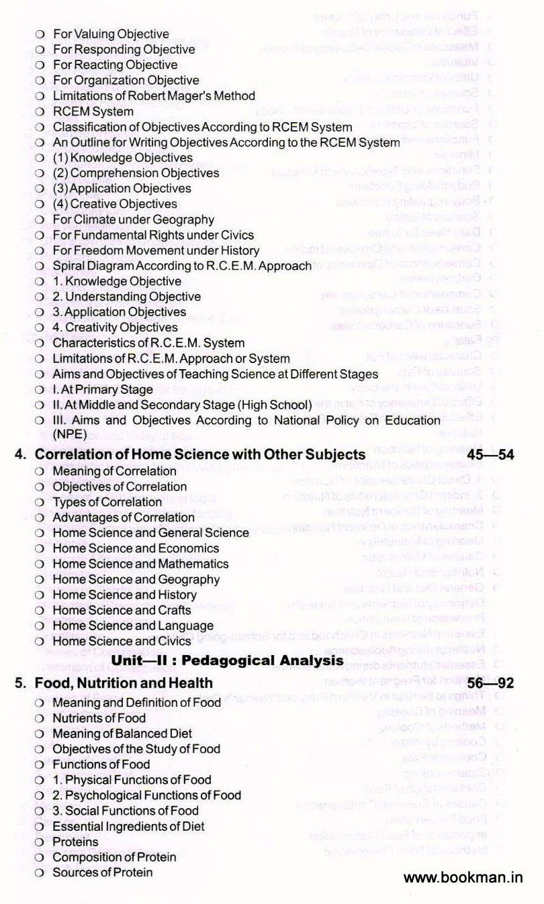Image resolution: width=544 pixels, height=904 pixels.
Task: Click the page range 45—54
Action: [x=485, y=455]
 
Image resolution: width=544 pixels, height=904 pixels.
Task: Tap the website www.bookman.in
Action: [x=463, y=876]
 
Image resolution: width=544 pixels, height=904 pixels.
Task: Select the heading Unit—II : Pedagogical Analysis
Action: [x=227, y=660]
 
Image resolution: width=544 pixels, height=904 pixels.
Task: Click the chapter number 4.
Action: [x=19, y=455]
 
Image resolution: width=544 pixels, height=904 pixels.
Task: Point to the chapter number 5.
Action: [x=19, y=683]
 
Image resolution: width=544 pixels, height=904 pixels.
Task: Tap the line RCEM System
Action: [x=93, y=111]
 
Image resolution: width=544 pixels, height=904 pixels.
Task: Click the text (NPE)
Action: [x=70, y=434]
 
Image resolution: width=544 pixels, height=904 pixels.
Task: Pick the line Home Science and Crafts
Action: [x=122, y=610]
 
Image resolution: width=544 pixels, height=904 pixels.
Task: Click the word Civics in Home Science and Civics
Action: [x=175, y=641]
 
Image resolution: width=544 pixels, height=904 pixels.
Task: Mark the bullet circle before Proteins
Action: [x=40, y=842]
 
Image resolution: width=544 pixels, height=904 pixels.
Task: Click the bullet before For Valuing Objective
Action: [x=40, y=34]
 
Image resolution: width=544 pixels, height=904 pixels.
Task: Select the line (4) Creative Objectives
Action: [x=115, y=203]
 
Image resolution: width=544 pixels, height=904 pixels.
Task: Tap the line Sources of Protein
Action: [x=102, y=872]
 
